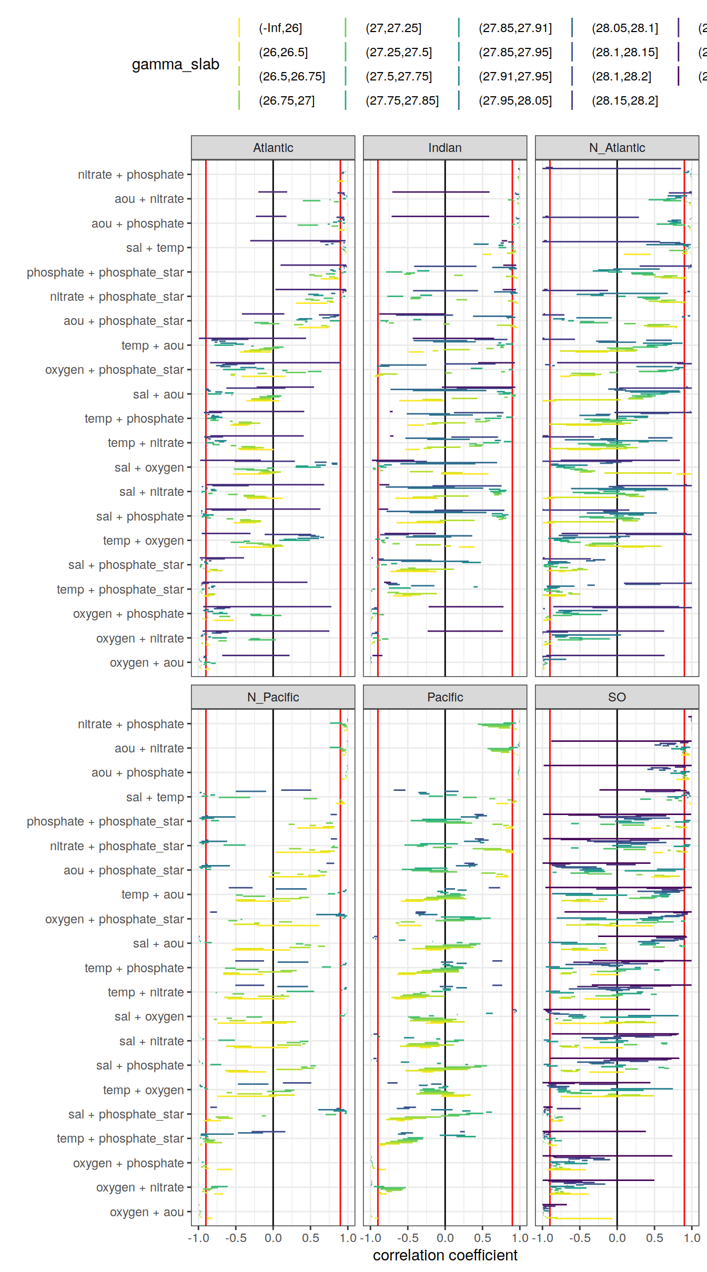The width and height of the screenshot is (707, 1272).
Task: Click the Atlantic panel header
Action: click(x=273, y=148)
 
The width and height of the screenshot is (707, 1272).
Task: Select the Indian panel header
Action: click(x=445, y=148)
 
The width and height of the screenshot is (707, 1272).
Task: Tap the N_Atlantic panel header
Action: click(x=617, y=148)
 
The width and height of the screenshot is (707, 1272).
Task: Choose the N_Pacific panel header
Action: click(x=273, y=697)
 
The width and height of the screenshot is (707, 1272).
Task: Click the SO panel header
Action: click(x=617, y=697)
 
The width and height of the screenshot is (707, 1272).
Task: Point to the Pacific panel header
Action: click(x=445, y=697)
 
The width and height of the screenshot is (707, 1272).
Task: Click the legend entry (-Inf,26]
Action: click(x=280, y=28)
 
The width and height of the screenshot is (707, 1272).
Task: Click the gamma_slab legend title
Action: click(x=175, y=64)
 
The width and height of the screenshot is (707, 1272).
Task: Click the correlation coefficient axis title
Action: click(x=445, y=1255)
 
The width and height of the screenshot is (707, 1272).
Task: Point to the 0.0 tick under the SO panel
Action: click(x=617, y=1238)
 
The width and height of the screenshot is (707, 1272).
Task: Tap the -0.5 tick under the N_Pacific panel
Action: click(x=236, y=1238)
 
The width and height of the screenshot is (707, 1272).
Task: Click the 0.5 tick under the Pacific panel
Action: click(x=482, y=1238)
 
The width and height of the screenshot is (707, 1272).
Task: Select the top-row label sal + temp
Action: click(x=155, y=248)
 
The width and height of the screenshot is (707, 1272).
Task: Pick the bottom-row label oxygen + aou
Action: click(x=146, y=1212)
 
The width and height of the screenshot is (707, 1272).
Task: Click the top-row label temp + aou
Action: click(x=152, y=345)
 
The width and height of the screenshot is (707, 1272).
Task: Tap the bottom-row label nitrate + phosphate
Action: click(x=130, y=724)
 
